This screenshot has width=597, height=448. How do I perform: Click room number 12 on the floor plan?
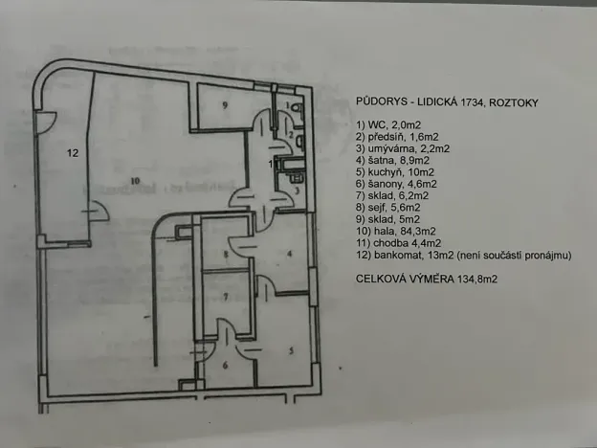coord(71,152)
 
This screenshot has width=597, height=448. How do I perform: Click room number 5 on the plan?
coord(292,351)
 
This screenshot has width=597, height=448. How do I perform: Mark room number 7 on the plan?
coord(226,298)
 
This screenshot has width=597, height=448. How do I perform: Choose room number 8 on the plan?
coord(226,254)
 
